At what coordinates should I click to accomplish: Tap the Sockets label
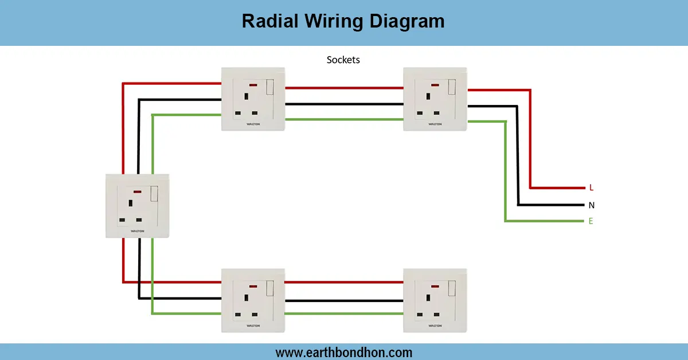343,60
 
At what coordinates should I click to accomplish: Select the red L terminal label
591,188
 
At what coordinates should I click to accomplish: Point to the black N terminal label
591,205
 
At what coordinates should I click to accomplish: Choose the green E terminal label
591,221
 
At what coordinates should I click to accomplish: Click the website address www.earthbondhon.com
343,353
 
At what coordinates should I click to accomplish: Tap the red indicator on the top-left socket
253,85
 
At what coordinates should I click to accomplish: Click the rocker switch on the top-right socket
452,87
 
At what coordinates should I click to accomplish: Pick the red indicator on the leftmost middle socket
137,191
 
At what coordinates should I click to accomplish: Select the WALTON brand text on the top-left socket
253,124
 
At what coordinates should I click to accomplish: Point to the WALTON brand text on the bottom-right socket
435,326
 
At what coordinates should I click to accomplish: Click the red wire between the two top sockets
344,88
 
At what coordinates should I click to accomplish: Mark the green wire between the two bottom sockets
344,313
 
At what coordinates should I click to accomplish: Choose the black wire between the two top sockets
344,104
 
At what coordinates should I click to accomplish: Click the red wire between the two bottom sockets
344,282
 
